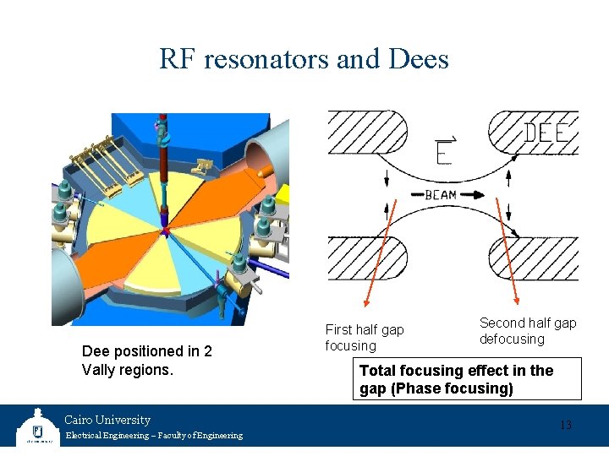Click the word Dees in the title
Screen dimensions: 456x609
tap(419, 59)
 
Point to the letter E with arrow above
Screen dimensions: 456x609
tap(443, 150)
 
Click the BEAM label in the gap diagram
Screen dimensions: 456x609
tap(440, 195)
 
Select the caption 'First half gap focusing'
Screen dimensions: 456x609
tap(365, 337)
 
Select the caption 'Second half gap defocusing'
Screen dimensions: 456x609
tap(527, 330)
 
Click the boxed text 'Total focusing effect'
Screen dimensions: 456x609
tap(456, 371)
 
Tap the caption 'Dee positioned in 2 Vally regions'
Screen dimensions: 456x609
tap(146, 360)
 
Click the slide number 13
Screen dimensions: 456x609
tap(565, 425)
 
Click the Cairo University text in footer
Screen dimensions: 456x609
tap(107, 420)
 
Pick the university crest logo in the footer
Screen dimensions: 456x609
tap(36, 426)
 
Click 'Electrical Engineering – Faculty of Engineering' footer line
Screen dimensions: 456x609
tap(153, 436)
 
